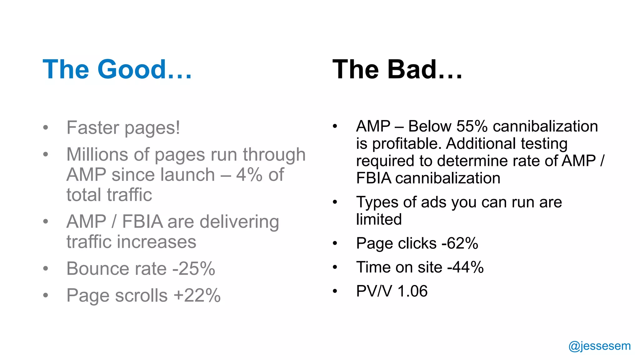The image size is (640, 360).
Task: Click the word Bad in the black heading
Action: tap(412, 69)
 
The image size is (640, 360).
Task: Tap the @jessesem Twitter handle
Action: tap(599, 346)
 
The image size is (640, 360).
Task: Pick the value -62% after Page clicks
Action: tap(460, 243)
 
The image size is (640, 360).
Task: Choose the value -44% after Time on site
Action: tap(466, 267)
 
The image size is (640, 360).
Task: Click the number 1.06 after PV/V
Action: tap(412, 291)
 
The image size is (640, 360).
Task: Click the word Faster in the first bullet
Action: tap(93, 127)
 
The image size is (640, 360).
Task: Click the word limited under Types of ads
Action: tap(379, 219)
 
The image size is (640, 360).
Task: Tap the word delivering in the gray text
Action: tap(239, 222)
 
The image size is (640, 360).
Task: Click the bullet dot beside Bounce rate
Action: tap(46, 268)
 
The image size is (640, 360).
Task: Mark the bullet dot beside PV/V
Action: tap(335, 291)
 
